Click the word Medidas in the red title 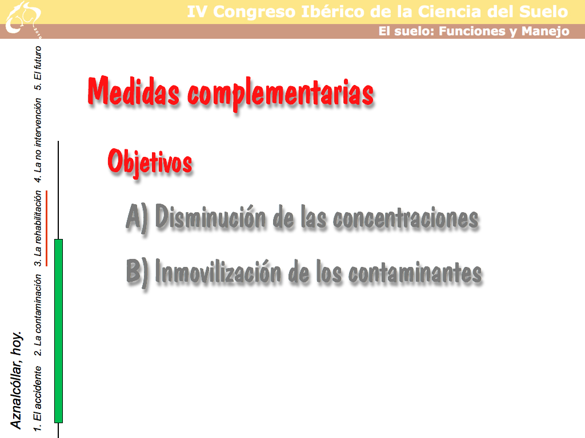(133, 91)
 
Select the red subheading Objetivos (150, 161)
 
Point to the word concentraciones (406, 218)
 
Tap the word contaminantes (415, 273)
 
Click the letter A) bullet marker (137, 217)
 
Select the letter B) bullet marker (137, 272)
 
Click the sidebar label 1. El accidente (37, 399)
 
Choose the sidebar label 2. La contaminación (37, 315)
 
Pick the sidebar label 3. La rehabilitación (38, 228)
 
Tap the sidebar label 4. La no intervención (38, 140)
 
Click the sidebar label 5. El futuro (38, 68)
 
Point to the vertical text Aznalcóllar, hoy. (16, 380)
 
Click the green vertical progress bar (59, 331)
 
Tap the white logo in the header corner (23, 19)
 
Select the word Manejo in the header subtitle (546, 31)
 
